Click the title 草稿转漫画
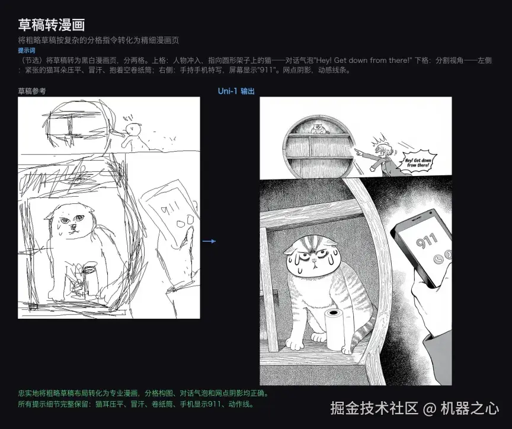[x=52, y=24]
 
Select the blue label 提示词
[x=26, y=51]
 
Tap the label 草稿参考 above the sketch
[x=31, y=91]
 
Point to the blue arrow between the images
[x=209, y=241]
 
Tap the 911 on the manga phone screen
[x=427, y=240]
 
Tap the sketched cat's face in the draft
[x=72, y=224]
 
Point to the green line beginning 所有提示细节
[x=136, y=405]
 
